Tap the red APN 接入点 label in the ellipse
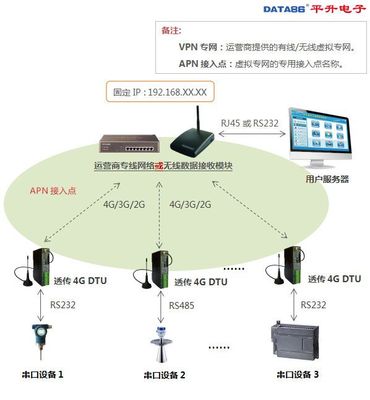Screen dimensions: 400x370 tap(53, 190)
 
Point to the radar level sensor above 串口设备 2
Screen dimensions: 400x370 tap(161, 340)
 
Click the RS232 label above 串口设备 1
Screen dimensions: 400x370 tap(60, 303)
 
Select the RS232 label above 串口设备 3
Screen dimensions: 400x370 tap(313, 303)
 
